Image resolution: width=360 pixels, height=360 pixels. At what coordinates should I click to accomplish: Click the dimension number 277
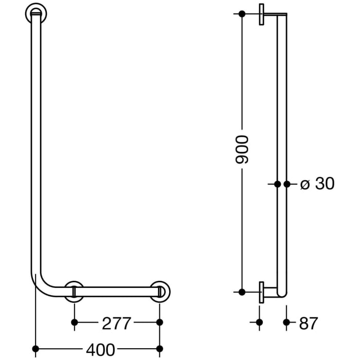116,323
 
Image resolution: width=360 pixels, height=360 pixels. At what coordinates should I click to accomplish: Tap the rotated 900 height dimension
241,150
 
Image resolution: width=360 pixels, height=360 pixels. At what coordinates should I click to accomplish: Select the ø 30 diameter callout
317,184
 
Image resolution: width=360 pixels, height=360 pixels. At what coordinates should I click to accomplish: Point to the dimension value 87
308,323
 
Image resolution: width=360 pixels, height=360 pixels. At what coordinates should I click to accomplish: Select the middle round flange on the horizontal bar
75,292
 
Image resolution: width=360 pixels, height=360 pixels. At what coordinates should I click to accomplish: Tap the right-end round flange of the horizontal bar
160,292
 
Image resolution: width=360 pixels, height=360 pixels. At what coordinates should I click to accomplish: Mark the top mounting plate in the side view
262,14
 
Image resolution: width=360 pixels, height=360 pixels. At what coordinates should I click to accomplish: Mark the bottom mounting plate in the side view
262,292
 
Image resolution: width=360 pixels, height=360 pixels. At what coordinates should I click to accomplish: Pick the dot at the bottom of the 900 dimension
241,292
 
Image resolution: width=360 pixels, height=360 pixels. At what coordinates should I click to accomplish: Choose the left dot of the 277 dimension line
75,322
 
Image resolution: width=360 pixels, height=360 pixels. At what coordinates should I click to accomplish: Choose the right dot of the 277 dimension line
159,322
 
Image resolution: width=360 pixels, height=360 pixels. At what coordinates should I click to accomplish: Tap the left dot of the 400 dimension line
35,349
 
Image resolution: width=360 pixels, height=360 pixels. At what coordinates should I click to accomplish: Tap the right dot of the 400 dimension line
159,349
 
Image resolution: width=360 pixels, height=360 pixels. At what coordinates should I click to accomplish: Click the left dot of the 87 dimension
259,322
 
